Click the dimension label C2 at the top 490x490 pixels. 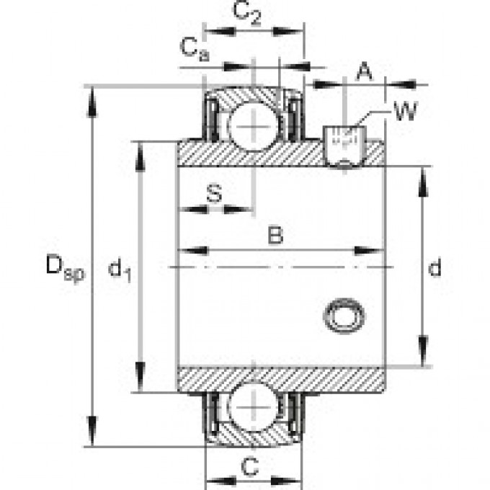[247, 14]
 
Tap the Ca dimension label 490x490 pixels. [194, 49]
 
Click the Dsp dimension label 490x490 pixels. [64, 269]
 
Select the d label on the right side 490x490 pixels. [434, 269]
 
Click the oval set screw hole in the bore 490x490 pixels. [344, 315]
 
